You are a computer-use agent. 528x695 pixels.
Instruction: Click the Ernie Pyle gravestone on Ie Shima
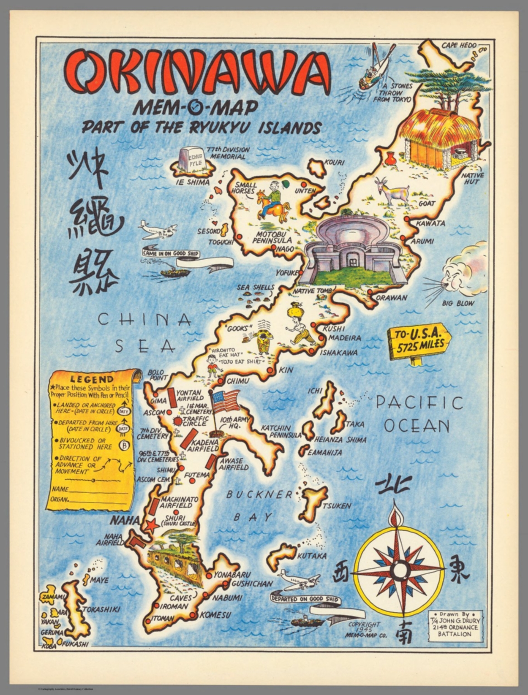point(192,159)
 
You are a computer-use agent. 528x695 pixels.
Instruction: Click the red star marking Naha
point(151,525)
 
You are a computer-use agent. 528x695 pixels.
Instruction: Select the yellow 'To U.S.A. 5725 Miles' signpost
point(419,340)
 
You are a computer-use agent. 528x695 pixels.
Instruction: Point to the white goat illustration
point(392,191)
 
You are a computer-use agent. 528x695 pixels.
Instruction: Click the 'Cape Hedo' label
point(459,45)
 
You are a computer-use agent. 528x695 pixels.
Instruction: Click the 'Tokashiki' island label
point(101,609)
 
